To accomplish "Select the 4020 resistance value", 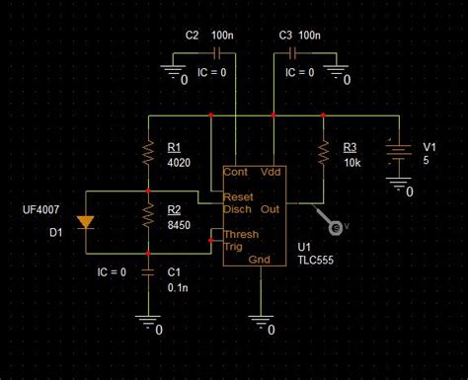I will pyautogui.click(x=179, y=161).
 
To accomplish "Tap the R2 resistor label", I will pyautogui.click(x=174, y=210).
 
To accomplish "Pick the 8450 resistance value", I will pyautogui.click(x=179, y=226).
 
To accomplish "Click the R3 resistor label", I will pyautogui.click(x=351, y=147).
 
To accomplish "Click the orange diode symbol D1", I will pyautogui.click(x=86, y=221).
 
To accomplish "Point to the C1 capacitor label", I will pyautogui.click(x=174, y=271).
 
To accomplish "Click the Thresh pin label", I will pyautogui.click(x=242, y=235).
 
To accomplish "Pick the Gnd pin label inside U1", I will pyautogui.click(x=260, y=260).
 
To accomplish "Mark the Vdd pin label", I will pyautogui.click(x=271, y=171).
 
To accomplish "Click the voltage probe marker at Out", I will pyautogui.click(x=336, y=228).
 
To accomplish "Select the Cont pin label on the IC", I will pyautogui.click(x=236, y=171).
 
